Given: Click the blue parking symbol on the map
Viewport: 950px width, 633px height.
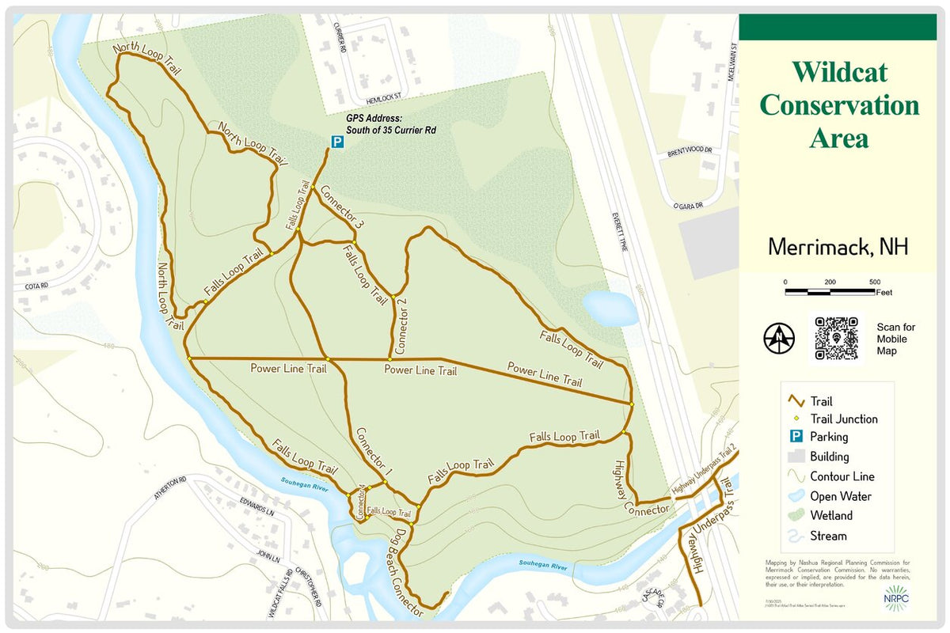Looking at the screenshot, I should pos(336,142).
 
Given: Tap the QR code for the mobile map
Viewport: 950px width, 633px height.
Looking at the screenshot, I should pos(836,338).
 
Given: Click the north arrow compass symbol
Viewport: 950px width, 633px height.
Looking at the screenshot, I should pos(780,338).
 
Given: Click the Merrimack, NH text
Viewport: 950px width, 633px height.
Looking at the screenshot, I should pos(838,247).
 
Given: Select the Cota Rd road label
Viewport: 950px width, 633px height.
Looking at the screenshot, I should pos(36,285).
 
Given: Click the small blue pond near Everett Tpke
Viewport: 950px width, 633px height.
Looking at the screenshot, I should pos(610,308).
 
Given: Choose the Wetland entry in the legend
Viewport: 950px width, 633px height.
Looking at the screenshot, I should pos(830,516).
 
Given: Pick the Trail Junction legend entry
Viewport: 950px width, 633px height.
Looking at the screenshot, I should pos(842,419).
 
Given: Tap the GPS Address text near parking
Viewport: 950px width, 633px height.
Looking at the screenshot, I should pos(391,124).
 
